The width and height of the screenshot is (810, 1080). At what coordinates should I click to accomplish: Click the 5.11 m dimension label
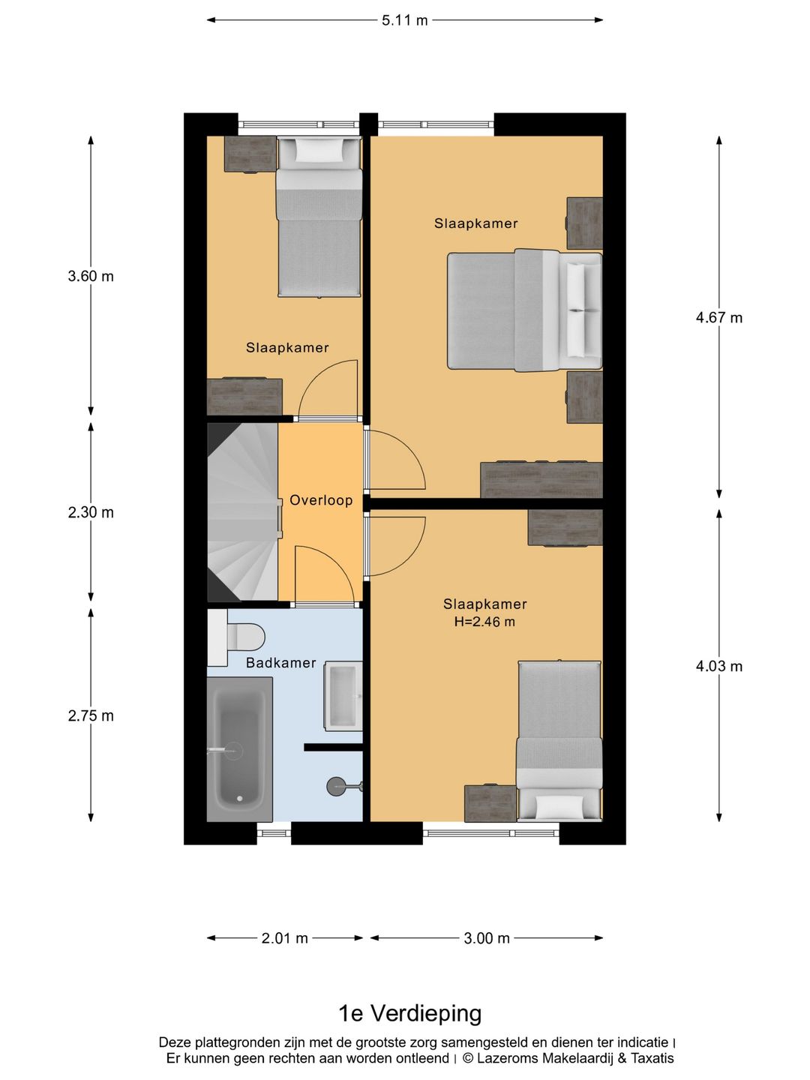404,20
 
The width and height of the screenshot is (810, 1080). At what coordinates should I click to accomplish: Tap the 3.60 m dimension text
91,276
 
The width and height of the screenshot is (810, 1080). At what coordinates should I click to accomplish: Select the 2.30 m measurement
91,512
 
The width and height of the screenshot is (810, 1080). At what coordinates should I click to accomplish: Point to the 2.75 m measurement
91,715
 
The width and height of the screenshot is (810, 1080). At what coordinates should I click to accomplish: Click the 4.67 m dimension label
718,317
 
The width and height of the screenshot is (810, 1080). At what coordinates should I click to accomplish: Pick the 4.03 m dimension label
718,666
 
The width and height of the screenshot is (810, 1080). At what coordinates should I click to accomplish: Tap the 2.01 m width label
284,938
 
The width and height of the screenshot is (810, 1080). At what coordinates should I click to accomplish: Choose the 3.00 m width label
487,938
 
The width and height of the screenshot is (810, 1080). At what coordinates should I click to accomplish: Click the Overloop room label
321,500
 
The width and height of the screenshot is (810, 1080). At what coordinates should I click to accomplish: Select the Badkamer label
280,663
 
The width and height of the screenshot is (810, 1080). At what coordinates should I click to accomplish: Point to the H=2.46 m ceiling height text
484,622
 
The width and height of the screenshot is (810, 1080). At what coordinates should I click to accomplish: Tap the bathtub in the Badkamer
239,748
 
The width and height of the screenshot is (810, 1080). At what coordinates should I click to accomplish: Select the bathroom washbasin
343,696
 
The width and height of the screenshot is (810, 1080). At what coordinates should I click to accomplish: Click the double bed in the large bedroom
524,310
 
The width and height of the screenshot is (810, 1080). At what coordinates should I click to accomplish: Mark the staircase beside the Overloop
243,512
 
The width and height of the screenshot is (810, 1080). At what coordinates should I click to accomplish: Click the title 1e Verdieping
409,1013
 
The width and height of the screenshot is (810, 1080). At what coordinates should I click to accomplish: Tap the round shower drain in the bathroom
337,786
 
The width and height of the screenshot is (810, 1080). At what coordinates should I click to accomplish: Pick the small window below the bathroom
274,833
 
